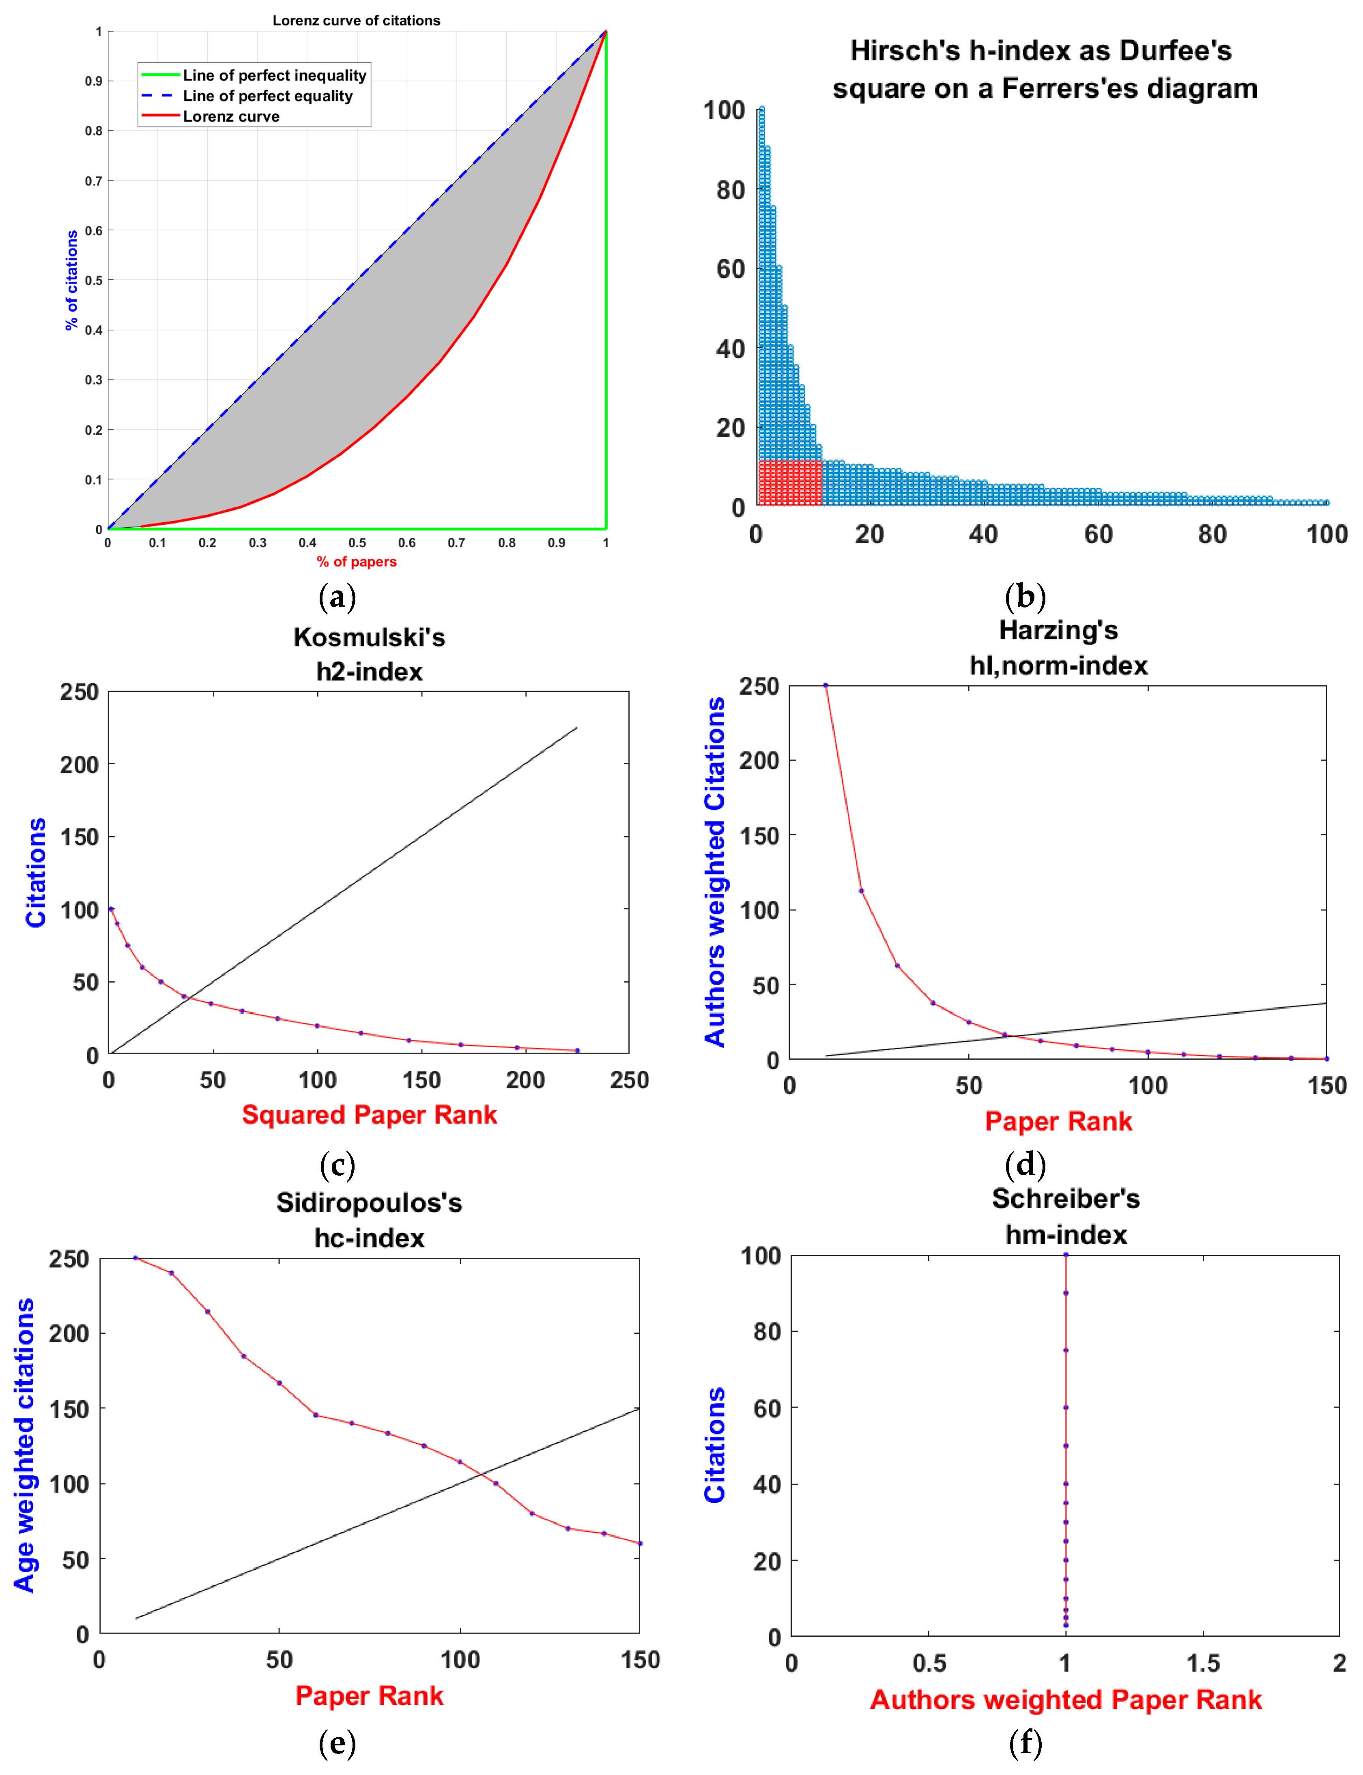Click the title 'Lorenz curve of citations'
(x=356, y=20)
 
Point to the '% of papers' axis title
(x=356, y=561)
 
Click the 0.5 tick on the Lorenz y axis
(x=94, y=281)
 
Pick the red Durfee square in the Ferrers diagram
(x=789, y=483)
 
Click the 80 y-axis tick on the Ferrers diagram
(x=730, y=190)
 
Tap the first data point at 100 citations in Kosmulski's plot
(x=111, y=909)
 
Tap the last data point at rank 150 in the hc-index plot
(x=639, y=1543)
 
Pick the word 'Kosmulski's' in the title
(x=369, y=637)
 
